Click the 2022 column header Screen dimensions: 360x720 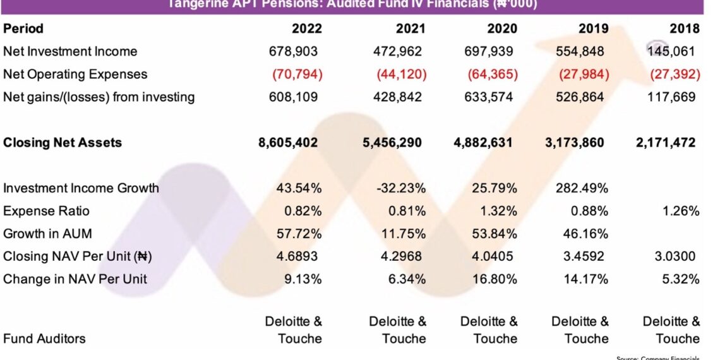pos(306,28)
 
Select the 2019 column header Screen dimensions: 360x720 pos(593,28)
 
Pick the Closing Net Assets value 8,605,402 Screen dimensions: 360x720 pos(288,143)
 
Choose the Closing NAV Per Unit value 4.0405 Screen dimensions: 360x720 pos(496,256)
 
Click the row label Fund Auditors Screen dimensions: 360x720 pos(44,339)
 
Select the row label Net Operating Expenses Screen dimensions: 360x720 pos(75,74)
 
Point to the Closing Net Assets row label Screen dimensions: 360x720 pos(63,143)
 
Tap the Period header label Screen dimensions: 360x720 pos(23,28)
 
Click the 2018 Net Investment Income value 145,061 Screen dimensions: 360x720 pos(673,51)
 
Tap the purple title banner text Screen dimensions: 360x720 pos(351,5)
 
